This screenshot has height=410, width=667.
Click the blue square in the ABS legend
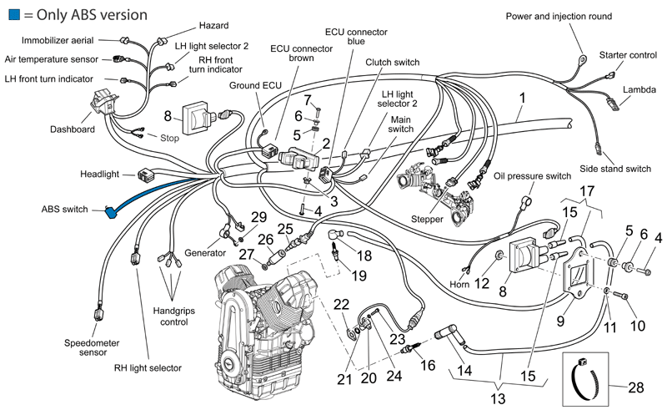pos(14,14)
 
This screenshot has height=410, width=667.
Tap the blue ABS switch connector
pos(111,212)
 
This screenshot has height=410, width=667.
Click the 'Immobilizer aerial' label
pos(58,40)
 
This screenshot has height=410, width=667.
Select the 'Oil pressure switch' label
pos(532,176)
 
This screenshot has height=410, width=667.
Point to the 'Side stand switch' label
pos(615,169)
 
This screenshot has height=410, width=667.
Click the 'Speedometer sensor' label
pos(92,347)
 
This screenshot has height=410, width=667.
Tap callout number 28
pos(635,387)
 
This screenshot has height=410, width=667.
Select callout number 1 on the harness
pos(523,98)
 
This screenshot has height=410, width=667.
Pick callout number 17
pos(587,191)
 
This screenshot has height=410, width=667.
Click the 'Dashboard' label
pos(73,129)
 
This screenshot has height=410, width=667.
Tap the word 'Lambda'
pos(639,89)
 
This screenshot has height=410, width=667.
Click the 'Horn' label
pos(459,284)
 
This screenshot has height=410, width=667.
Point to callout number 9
pos(560,321)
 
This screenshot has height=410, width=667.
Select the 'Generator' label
pos(205,253)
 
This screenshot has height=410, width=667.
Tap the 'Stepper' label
pos(427,219)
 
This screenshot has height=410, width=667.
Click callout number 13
pos(497,399)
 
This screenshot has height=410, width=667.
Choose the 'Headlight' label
pos(99,174)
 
